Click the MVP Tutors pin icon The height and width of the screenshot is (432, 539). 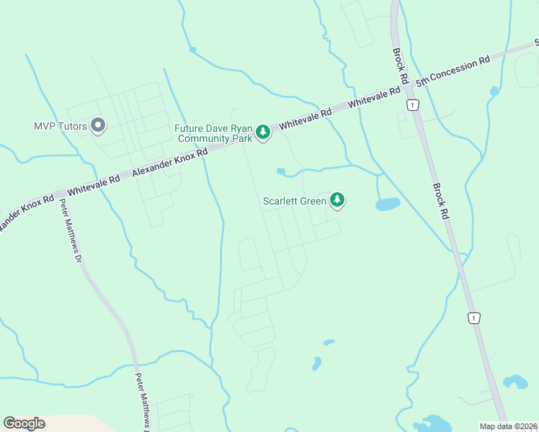tap(99, 126)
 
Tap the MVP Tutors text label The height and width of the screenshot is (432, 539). tap(61, 126)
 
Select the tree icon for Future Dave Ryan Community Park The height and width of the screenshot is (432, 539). tap(263, 131)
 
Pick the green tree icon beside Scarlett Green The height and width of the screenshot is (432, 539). tap(337, 199)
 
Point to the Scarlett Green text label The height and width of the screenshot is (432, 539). tap(295, 201)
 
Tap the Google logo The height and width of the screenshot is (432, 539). tap(24, 423)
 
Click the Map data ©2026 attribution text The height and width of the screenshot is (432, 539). tap(509, 426)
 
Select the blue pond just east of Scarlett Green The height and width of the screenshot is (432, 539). tap(388, 204)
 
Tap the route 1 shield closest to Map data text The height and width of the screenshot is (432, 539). tap(473, 318)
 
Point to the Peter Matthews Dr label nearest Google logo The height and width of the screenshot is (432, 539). tap(141, 400)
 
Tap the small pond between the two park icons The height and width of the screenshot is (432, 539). tap(281, 171)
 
